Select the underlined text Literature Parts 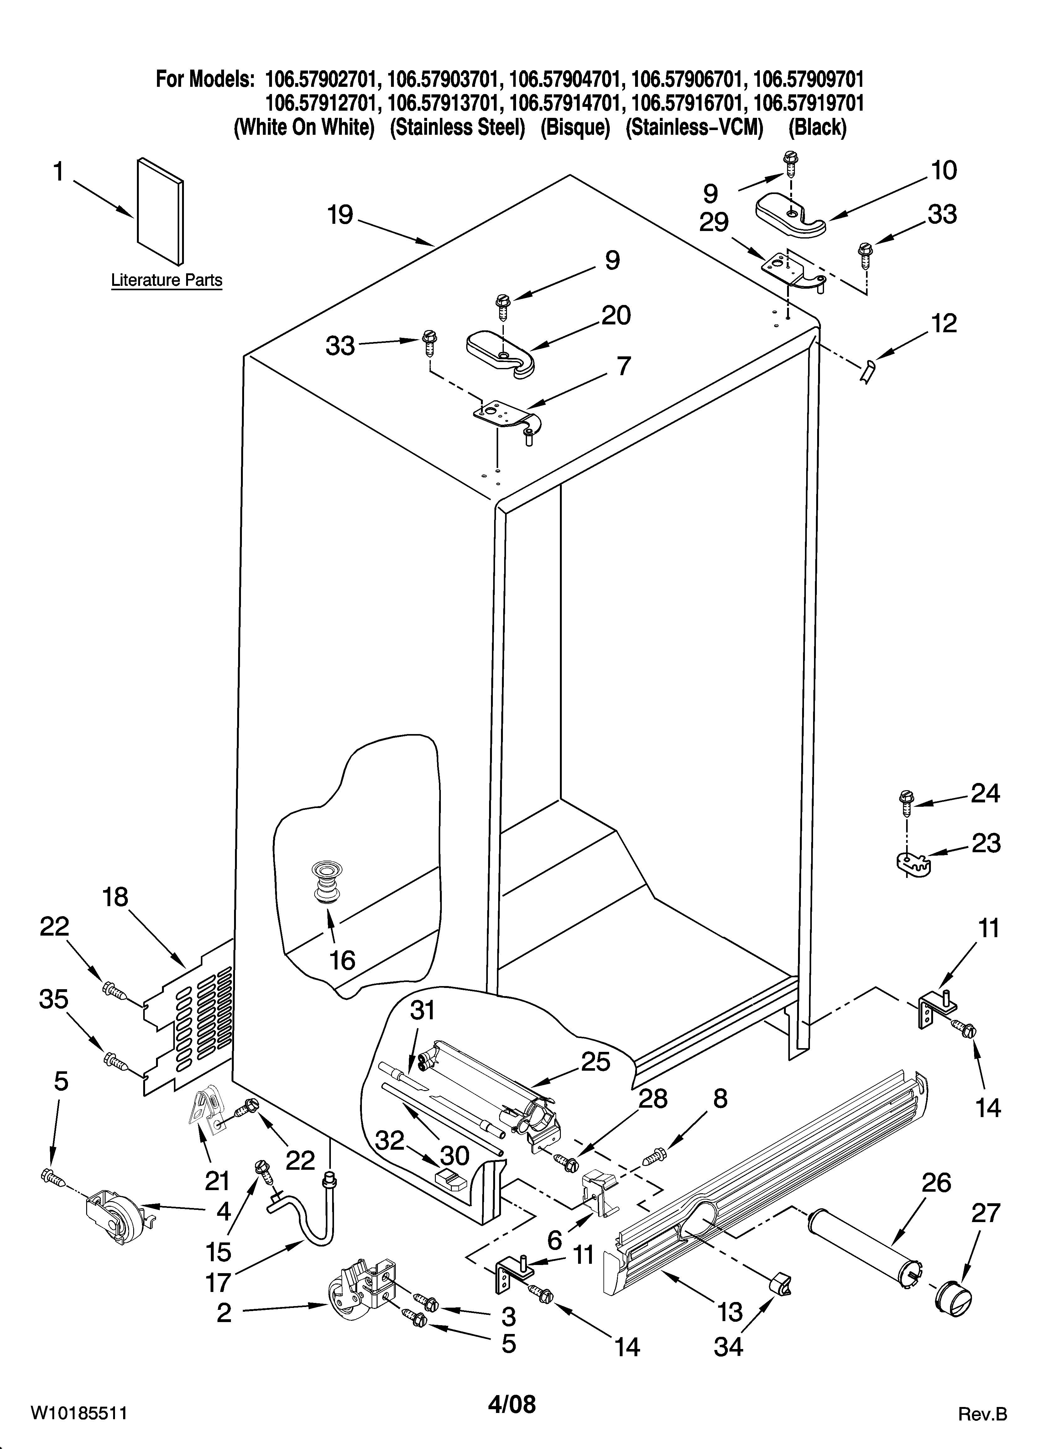click(x=167, y=280)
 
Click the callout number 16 click(x=342, y=960)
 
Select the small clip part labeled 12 click(x=868, y=371)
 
